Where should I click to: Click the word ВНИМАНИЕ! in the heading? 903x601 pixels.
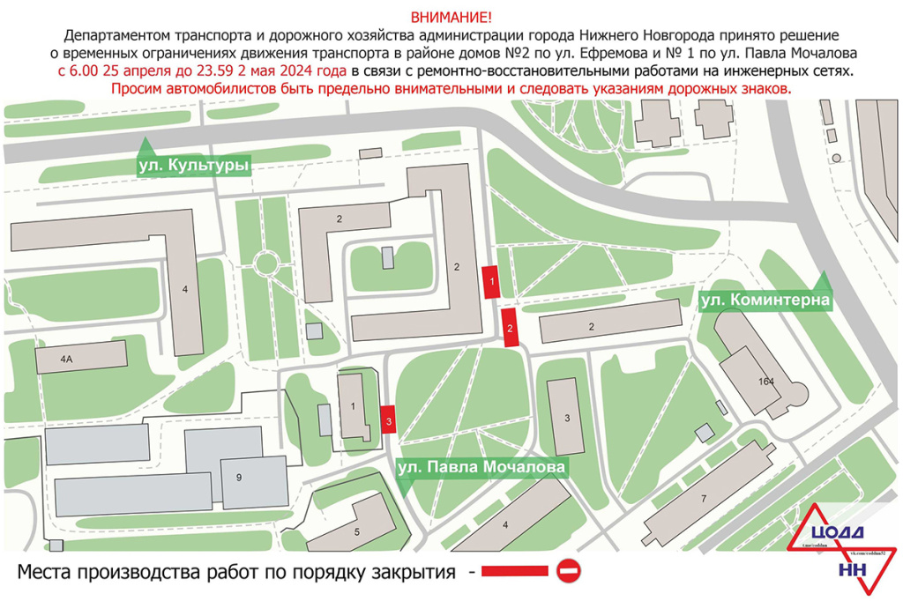451,18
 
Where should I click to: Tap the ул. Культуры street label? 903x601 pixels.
194,165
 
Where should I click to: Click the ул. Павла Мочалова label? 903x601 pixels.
481,467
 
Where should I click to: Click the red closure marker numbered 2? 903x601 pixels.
510,328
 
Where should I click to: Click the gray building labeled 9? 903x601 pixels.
238,477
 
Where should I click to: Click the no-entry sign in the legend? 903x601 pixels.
569,572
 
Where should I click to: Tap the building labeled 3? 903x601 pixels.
566,416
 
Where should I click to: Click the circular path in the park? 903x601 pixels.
265,263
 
